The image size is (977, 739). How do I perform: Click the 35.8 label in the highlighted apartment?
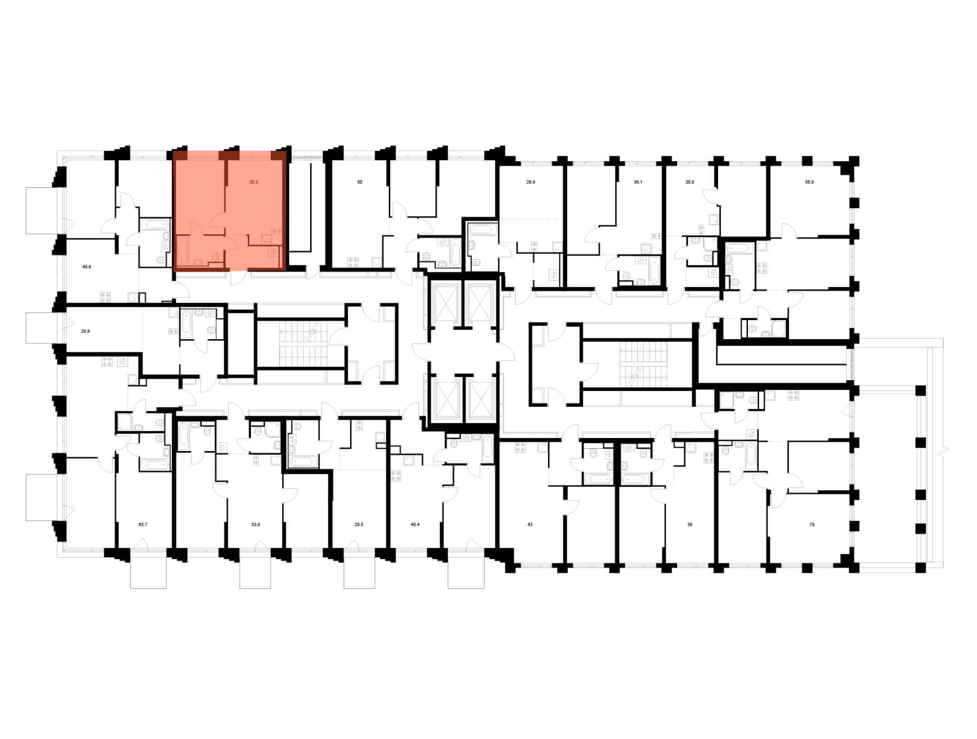pos(254,182)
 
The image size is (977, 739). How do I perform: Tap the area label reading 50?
pos(360,182)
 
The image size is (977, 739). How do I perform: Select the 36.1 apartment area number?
pos(638,182)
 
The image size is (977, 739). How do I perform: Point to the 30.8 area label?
pos(689,182)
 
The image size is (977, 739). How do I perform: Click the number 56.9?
pos(809,182)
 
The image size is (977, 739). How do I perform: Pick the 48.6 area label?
pos(86,267)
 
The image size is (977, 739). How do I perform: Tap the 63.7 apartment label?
pos(143,524)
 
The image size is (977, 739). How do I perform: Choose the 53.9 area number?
pos(255,524)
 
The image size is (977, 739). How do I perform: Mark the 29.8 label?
pos(359,524)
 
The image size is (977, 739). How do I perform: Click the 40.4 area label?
pos(415,524)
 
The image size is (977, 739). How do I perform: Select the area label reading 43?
pos(530,524)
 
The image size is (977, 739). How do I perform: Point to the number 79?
pos(812,524)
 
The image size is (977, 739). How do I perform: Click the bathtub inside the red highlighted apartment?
pos(183,251)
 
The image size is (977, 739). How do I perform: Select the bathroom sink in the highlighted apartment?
pos(198,262)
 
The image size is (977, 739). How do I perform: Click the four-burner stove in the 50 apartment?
pos(353,262)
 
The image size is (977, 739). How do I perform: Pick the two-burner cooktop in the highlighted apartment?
pos(276,232)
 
